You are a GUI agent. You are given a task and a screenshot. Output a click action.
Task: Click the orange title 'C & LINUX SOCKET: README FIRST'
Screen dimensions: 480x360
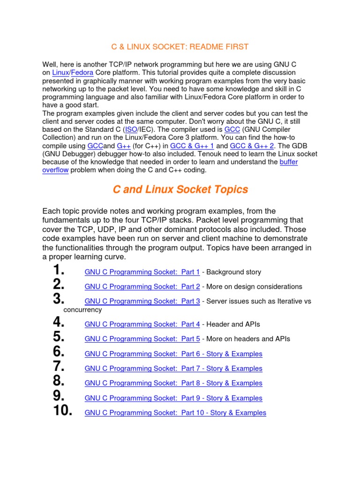180,47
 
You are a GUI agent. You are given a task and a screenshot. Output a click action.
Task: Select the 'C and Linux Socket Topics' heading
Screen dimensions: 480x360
180,189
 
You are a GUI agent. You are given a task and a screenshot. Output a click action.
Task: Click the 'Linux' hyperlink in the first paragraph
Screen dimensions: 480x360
60,73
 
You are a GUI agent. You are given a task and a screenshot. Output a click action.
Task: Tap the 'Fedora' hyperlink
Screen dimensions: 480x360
82,73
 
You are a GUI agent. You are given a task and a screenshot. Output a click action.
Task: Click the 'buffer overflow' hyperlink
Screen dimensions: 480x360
288,162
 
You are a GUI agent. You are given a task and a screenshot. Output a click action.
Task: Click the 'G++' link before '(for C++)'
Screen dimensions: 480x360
123,146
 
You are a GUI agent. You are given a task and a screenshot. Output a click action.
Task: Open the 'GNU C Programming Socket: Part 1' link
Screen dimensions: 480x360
142,272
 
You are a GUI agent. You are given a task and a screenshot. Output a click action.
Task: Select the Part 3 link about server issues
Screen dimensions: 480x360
142,301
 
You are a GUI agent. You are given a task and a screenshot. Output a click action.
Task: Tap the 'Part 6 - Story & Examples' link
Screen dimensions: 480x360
173,354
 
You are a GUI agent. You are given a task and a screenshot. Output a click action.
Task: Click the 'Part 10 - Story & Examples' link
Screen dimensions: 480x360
175,413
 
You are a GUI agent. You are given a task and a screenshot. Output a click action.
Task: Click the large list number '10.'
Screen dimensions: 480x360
63,411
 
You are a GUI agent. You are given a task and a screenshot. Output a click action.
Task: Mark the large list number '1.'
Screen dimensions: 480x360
58,270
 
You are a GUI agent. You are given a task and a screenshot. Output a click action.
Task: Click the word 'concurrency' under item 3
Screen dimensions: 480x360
82,310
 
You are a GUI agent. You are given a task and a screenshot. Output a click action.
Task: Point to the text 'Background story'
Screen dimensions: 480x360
233,272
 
